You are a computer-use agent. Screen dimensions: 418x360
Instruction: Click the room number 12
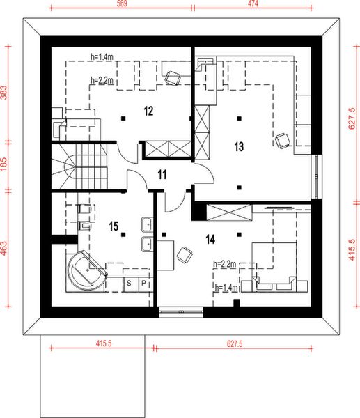click(148, 110)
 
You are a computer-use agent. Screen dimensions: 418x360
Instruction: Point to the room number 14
click(210, 238)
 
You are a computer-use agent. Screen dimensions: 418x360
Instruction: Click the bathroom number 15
click(115, 226)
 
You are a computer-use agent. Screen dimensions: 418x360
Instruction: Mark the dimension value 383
click(5, 95)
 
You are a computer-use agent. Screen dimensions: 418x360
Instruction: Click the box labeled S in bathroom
click(130, 283)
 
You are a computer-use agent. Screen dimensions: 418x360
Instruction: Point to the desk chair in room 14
click(185, 256)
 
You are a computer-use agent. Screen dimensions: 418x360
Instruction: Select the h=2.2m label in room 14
click(224, 264)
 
